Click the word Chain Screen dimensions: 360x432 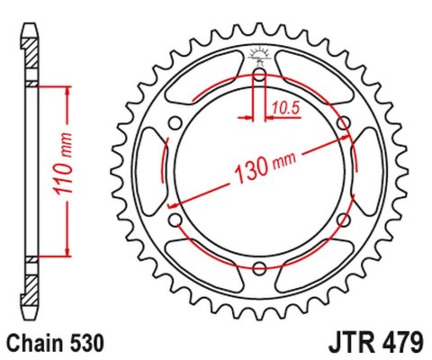[x=33, y=343]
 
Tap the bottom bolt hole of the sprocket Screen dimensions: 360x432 [x=259, y=267]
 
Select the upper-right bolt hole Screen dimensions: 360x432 [x=342, y=123]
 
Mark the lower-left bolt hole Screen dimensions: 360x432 [x=175, y=220]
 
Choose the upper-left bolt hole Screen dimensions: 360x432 [x=175, y=123]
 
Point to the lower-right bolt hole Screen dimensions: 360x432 [x=342, y=220]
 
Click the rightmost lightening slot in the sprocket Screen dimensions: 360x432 [x=368, y=171]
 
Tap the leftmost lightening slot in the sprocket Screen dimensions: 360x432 [x=149, y=171]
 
